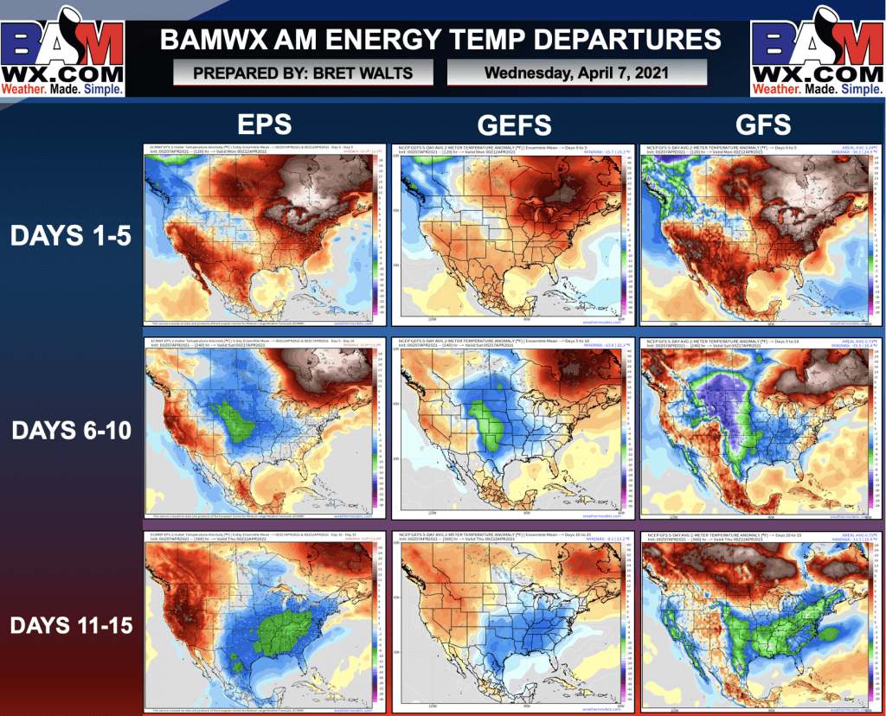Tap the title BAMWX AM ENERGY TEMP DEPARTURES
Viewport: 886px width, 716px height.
pyautogui.click(x=440, y=39)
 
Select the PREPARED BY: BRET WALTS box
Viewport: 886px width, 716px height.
pyautogui.click(x=303, y=74)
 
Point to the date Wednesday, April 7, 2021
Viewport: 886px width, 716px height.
pyautogui.click(x=576, y=73)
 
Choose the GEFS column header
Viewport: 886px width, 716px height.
pyautogui.click(x=514, y=125)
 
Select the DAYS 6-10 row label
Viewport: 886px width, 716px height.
pyautogui.click(x=71, y=429)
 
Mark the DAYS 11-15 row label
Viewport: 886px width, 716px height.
pyautogui.click(x=71, y=623)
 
